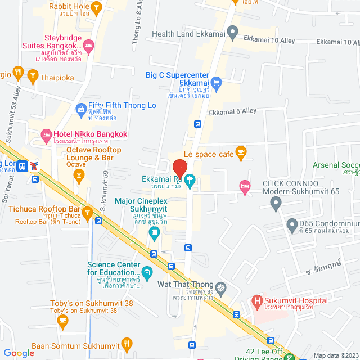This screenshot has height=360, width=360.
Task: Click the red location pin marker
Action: coord(179,168)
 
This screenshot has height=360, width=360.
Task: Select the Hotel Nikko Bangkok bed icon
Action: coord(46,134)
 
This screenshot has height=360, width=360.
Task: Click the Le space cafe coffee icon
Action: coord(241,151)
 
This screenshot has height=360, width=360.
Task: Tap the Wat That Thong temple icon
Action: coord(220,287)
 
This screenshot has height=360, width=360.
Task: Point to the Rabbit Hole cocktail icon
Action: coord(96,7)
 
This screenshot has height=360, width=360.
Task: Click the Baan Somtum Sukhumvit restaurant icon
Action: coord(127,343)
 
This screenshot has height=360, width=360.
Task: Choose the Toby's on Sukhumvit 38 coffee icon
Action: coord(62,321)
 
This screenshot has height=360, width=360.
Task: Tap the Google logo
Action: coord(19,353)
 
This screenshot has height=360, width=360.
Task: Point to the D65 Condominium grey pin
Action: coord(291,227)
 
